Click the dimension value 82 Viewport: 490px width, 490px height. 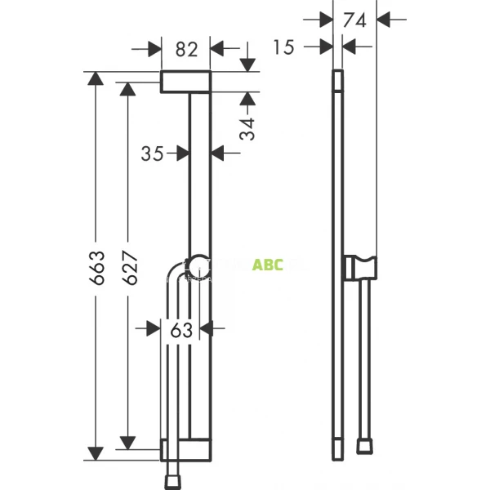[x=187, y=49]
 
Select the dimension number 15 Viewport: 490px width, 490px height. [x=283, y=47]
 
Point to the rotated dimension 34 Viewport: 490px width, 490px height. [x=247, y=127]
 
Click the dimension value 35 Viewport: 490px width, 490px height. [x=152, y=152]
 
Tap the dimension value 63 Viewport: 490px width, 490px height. [x=182, y=329]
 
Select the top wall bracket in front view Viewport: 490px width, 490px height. [x=186, y=82]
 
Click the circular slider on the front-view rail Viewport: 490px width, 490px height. [x=198, y=263]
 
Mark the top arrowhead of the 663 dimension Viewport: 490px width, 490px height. [x=96, y=79]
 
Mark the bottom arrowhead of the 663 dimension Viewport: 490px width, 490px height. [x=96, y=454]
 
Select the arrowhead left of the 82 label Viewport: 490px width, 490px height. [x=154, y=49]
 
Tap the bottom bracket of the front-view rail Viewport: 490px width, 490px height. [x=187, y=449]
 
